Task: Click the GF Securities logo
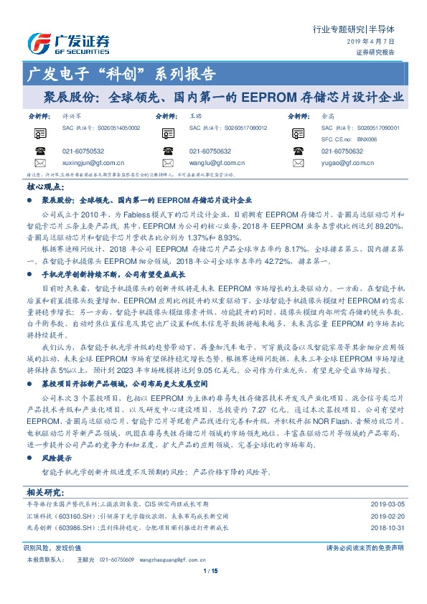(69, 42)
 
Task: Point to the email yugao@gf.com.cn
(344, 163)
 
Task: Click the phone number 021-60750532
(83, 151)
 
